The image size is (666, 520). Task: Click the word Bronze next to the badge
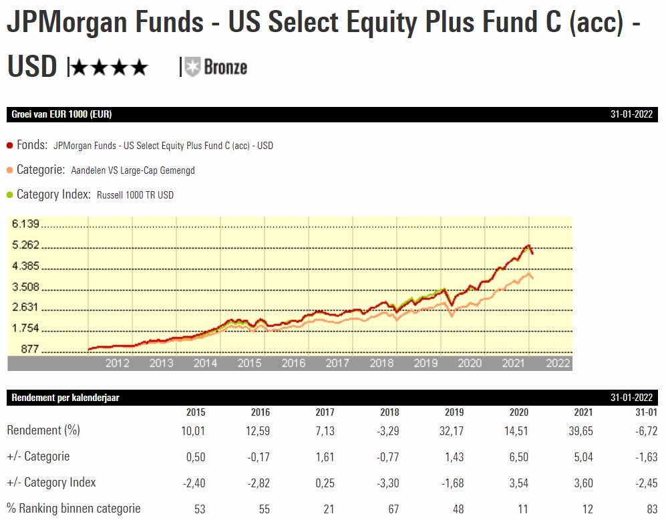225,67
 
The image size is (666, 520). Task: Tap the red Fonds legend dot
10,145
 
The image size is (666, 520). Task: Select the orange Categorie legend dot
10,170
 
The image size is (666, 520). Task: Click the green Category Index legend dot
10,194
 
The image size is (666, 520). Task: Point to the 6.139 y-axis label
26,224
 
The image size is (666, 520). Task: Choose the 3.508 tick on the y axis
26,287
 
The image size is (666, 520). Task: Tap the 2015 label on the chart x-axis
249,363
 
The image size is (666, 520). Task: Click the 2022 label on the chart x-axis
558,363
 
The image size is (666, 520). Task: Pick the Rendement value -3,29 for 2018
387,431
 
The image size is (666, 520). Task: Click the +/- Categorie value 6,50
518,457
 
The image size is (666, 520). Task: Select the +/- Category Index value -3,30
387,483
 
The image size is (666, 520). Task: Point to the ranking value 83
651,509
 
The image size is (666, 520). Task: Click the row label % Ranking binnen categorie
73,509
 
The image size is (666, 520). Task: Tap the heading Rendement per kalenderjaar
65,398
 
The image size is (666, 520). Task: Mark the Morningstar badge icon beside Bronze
192,67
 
